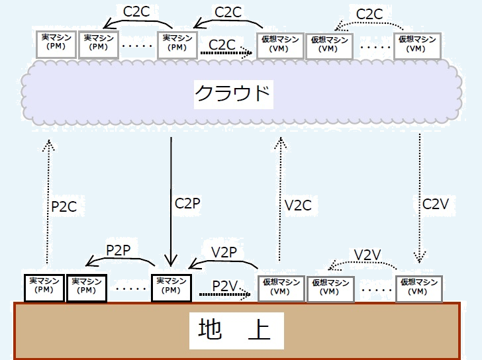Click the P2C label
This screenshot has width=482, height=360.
[64, 206]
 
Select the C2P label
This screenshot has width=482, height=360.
[188, 202]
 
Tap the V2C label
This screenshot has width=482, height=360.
[298, 205]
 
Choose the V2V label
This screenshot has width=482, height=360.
[368, 255]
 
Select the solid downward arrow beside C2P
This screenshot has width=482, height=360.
[171, 199]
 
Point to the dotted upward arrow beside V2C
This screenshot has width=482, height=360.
[281, 199]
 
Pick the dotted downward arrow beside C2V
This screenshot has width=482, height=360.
[420, 199]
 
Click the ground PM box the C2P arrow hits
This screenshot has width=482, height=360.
[171, 286]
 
